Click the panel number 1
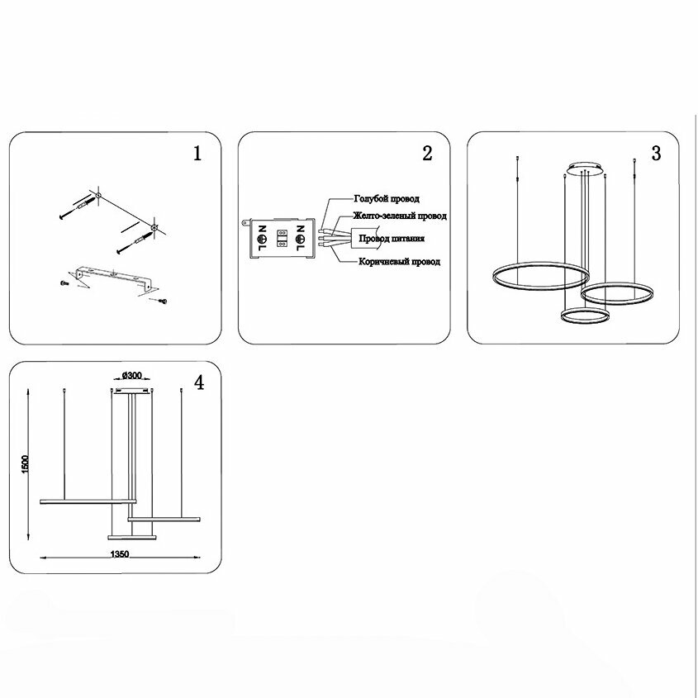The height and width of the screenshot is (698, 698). (x=197, y=154)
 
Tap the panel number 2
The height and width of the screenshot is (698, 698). (x=427, y=154)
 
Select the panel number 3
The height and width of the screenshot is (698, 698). (x=656, y=154)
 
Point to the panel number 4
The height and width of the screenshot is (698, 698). (x=198, y=382)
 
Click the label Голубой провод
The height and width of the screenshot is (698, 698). (x=386, y=199)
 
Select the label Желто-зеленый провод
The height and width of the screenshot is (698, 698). (x=400, y=216)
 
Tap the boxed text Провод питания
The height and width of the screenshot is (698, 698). (x=392, y=239)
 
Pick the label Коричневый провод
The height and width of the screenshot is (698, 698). (x=399, y=261)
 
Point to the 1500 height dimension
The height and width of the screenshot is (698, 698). (x=26, y=464)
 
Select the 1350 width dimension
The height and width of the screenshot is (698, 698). (x=119, y=556)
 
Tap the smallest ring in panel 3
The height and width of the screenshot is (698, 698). (x=586, y=316)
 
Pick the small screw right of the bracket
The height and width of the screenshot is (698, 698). (x=162, y=302)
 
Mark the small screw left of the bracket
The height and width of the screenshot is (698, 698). (x=64, y=283)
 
